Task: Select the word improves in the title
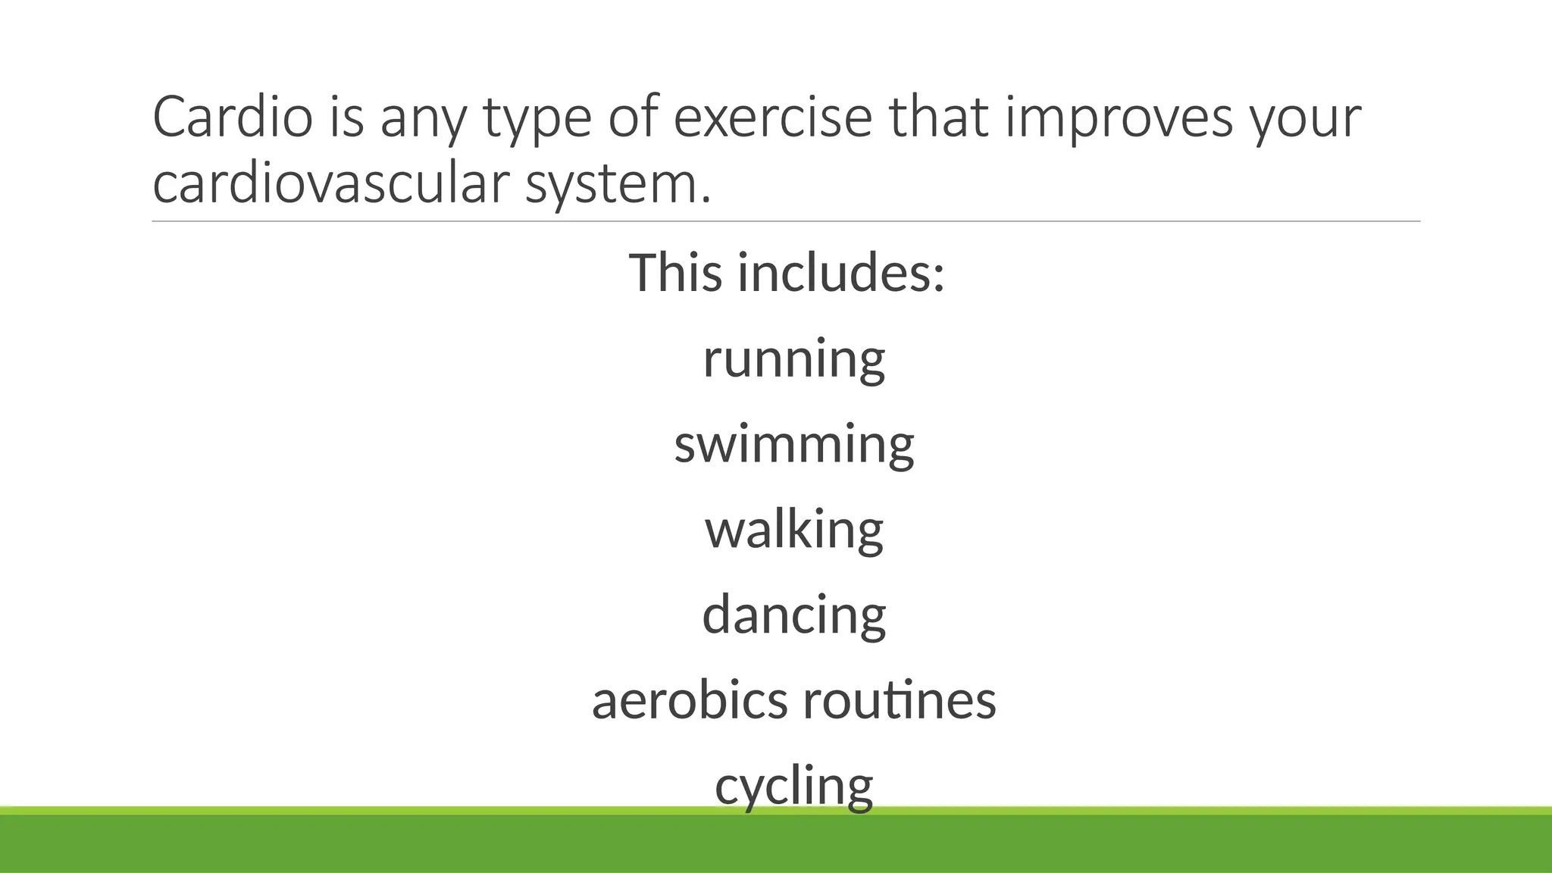pyautogui.click(x=1119, y=119)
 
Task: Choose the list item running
pyautogui.click(x=793, y=360)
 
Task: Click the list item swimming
pyautogui.click(x=793, y=445)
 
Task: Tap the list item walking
pyautogui.click(x=793, y=530)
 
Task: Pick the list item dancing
pyautogui.click(x=793, y=615)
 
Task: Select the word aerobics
pyautogui.click(x=690, y=700)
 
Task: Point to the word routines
pyautogui.click(x=900, y=700)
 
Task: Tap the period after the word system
pyautogui.click(x=706, y=201)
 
